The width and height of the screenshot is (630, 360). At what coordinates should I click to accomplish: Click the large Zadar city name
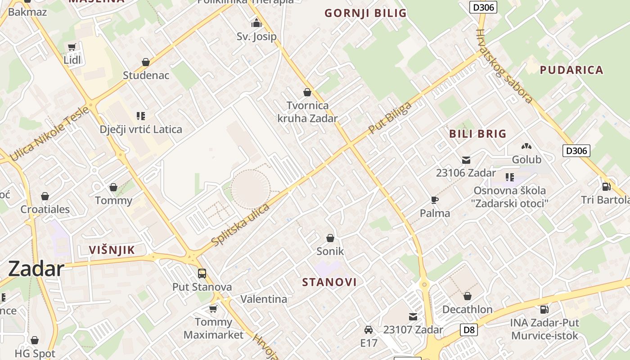36,269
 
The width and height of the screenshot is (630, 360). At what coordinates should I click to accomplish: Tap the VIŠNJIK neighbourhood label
112,250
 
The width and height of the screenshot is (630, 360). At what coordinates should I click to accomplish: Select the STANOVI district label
329,282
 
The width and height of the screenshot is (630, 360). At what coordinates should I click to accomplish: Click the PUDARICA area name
571,70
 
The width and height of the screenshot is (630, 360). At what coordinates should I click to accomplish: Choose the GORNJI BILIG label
365,13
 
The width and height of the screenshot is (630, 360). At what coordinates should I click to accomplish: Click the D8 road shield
469,330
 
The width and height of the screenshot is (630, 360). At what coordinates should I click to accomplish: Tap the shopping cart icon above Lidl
72,47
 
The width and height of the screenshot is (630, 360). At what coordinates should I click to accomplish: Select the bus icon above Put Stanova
202,273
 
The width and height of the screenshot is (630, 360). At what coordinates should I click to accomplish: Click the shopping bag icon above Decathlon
467,296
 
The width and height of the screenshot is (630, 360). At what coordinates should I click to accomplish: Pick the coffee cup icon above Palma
434,200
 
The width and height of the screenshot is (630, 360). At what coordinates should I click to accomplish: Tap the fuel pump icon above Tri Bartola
606,186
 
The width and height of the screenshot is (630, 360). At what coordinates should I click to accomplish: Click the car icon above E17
368,330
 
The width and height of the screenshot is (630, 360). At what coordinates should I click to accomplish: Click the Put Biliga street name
390,118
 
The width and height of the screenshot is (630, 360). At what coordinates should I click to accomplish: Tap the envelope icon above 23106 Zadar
466,160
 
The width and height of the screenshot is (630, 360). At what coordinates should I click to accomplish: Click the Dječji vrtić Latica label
141,130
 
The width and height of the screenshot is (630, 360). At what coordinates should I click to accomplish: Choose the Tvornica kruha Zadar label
307,112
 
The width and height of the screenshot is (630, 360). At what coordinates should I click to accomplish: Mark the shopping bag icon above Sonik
330,238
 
